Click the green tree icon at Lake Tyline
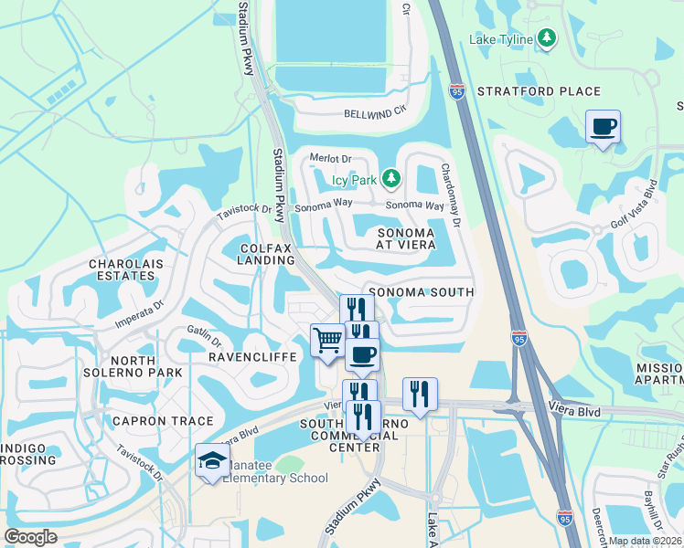(x=547, y=37)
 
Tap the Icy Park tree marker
(x=391, y=178)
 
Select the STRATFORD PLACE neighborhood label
(x=539, y=91)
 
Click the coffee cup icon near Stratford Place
(x=603, y=127)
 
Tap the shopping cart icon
(x=327, y=342)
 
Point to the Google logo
(x=30, y=536)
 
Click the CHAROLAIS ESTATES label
(x=122, y=270)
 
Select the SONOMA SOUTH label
(x=421, y=292)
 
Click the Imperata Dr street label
(x=138, y=313)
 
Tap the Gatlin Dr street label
(x=204, y=335)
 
